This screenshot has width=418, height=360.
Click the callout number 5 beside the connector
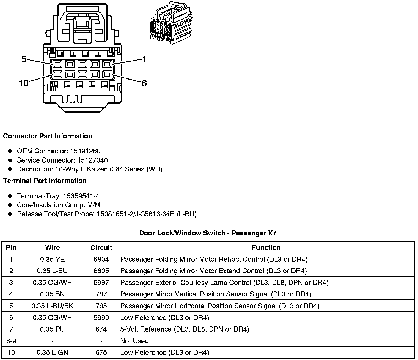click(x=24, y=59)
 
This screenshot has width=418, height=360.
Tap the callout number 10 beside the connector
click(x=24, y=83)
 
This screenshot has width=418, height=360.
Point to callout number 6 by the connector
click(x=144, y=83)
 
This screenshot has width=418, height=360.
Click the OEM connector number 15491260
click(x=85, y=151)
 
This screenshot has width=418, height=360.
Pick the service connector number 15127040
click(x=92, y=160)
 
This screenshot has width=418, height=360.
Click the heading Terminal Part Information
click(x=45, y=181)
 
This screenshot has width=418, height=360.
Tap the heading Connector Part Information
click(x=48, y=136)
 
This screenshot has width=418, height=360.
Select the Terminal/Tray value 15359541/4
click(x=81, y=196)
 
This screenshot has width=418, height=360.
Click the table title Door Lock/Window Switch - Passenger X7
click(x=208, y=233)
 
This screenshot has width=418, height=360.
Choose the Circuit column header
click(x=101, y=247)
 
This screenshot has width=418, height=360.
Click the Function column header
click(x=266, y=247)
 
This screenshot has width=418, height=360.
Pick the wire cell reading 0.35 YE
click(x=52, y=259)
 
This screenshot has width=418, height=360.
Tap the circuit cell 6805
click(x=101, y=271)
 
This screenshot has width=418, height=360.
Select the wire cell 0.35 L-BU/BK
click(x=52, y=306)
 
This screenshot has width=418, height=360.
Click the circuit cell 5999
click(x=101, y=318)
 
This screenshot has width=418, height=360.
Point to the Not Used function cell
click(x=134, y=341)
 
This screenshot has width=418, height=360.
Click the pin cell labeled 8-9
click(x=11, y=341)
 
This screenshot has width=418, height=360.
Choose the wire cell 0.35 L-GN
click(x=52, y=353)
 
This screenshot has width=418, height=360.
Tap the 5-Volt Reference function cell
click(x=185, y=329)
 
